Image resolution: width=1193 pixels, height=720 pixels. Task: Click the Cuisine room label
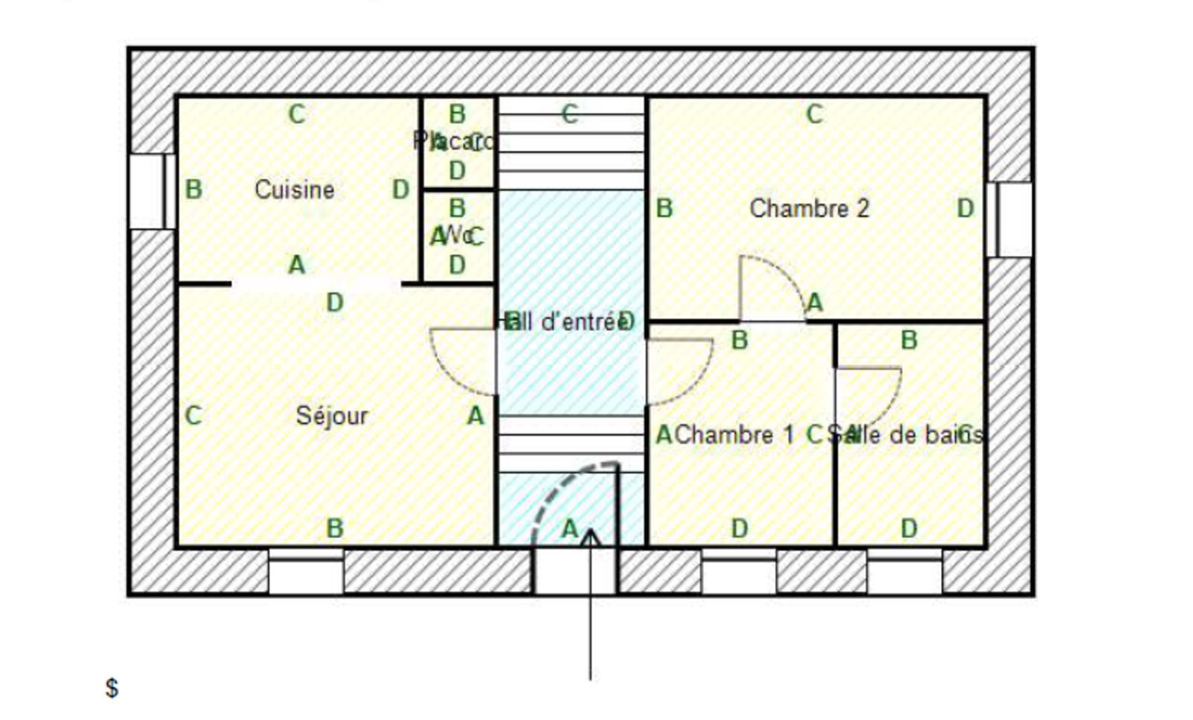[294, 190]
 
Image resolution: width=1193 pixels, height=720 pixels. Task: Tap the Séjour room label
[332, 416]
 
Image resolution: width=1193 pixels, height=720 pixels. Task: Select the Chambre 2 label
[809, 208]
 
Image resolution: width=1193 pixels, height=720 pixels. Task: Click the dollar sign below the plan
[112, 687]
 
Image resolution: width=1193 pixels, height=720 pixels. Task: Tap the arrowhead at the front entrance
[591, 536]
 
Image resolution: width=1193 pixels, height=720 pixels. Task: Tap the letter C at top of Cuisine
[297, 114]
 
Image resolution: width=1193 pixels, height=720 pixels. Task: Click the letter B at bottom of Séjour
[335, 528]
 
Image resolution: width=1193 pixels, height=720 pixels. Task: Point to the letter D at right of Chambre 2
[965, 208]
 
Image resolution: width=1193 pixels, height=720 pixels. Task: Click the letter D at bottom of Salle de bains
[908, 528]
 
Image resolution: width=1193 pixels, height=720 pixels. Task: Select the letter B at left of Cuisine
[193, 190]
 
